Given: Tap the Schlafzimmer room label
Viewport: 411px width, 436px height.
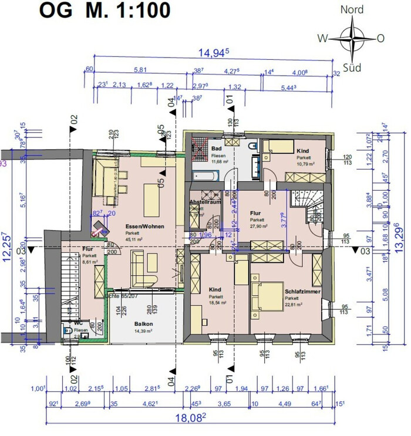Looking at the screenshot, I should click(302, 290).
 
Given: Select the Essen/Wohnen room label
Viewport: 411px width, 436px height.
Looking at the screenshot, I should click(144, 226).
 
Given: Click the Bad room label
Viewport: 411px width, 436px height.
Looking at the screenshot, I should click(216, 148).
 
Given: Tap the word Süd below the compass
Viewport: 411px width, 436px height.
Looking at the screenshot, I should click(352, 66).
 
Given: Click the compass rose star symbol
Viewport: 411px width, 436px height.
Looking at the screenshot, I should click(352, 38).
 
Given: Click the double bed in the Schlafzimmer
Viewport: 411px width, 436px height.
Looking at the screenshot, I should click(264, 293).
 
